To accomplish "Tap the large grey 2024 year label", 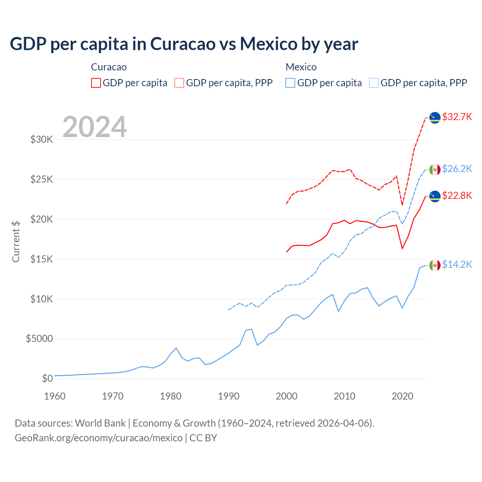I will point(95,127).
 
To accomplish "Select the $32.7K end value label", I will point(457,117).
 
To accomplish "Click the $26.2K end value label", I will point(457,169).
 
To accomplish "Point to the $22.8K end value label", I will point(457,195).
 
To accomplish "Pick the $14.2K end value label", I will point(457,264).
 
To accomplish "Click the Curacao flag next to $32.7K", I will point(435,118).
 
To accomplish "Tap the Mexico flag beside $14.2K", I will point(435,265).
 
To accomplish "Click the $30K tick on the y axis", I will point(41,139).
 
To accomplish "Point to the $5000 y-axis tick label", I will point(39,339).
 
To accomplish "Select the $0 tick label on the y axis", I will point(47,378).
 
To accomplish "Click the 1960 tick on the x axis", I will point(55,396).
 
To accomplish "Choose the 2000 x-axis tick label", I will point(287,396).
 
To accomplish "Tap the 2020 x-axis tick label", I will point(403,396).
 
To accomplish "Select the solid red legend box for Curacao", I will point(96,83).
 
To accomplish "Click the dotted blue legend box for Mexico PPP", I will point(374,83).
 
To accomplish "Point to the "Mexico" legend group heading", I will point(301,67).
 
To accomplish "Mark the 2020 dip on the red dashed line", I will point(403,205).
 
